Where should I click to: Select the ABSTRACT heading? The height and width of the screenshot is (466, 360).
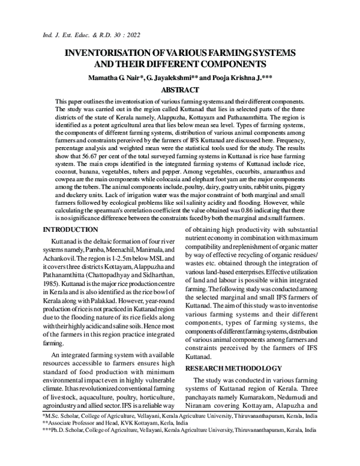pos(180,89)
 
